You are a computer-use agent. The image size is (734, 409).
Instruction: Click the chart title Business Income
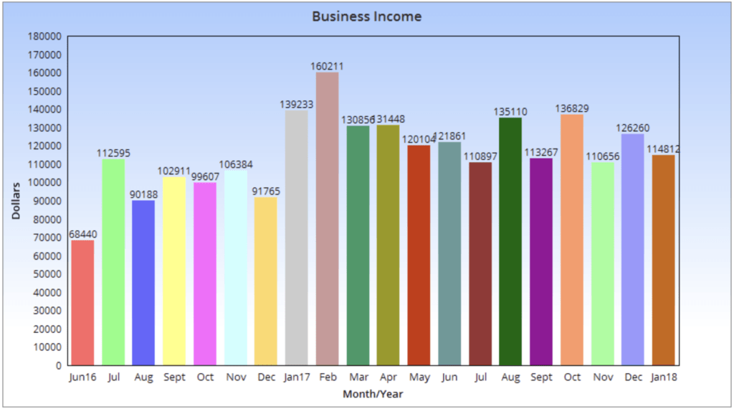[366, 16]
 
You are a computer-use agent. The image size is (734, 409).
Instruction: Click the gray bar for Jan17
[296, 238]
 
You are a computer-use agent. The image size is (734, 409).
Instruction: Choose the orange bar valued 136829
[571, 240]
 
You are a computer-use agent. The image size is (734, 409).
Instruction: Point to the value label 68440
[82, 235]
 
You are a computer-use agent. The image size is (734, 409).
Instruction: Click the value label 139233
[296, 104]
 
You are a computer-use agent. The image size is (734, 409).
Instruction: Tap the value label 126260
[633, 128]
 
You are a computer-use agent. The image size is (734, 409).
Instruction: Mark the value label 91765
[266, 192]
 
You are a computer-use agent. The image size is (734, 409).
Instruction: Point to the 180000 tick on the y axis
[44, 36]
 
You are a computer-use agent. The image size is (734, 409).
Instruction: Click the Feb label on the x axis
[327, 377]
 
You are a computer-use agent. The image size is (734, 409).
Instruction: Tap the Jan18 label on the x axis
[664, 377]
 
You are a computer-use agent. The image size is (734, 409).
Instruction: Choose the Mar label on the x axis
[358, 377]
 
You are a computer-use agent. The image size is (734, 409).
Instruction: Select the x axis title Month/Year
[371, 394]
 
